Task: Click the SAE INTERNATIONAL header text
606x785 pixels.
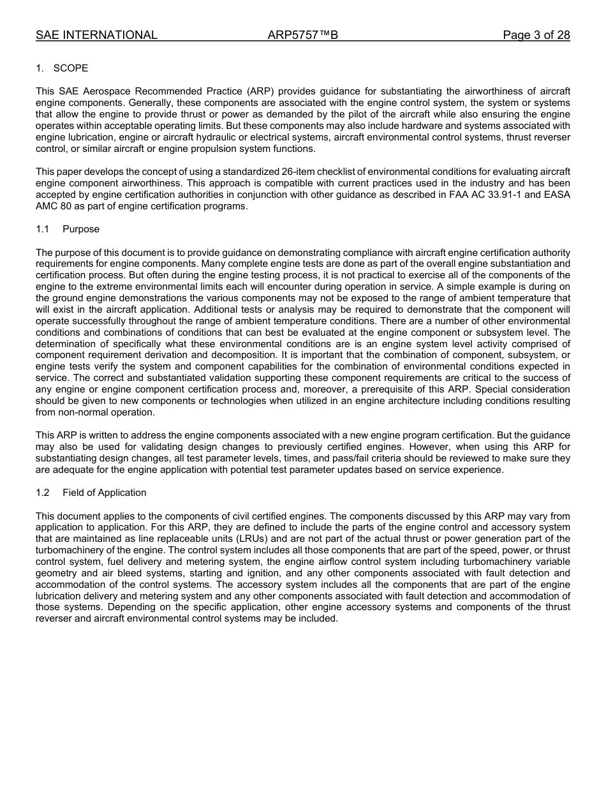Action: click(96, 35)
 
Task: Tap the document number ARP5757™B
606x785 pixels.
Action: click(302, 35)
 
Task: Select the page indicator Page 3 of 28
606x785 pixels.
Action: click(536, 35)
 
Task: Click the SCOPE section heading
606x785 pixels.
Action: click(70, 68)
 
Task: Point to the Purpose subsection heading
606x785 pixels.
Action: click(81, 229)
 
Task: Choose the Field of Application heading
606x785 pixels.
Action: click(104, 493)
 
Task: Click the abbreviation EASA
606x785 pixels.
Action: click(556, 195)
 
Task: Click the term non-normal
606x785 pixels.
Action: click(84, 412)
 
